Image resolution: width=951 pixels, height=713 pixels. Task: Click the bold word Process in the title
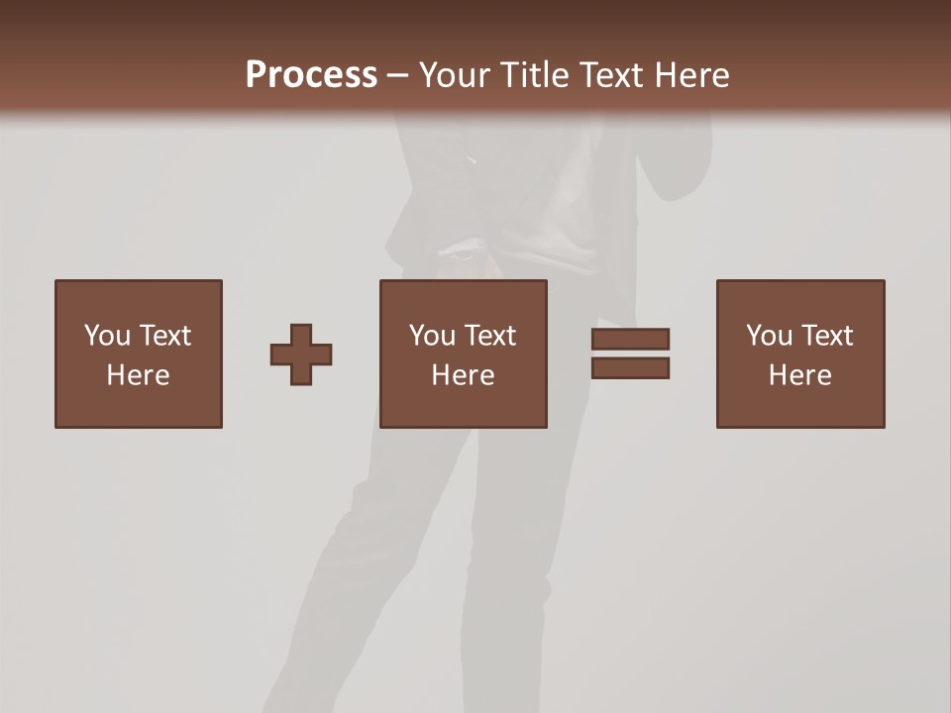(311, 75)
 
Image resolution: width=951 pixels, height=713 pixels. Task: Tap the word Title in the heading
(541, 75)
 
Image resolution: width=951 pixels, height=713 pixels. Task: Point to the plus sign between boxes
(301, 355)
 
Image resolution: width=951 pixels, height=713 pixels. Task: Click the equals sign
(631, 354)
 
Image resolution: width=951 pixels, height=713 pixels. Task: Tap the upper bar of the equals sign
(631, 339)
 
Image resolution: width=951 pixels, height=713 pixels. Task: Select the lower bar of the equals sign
(631, 368)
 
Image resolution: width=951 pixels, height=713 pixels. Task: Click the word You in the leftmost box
(107, 336)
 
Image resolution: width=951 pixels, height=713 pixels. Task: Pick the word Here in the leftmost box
(138, 375)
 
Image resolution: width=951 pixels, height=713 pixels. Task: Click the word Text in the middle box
(489, 336)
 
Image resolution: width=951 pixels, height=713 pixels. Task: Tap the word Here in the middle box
(463, 375)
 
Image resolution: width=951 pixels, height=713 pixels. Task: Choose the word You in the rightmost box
(769, 336)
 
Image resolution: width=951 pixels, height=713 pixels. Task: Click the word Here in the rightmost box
(799, 375)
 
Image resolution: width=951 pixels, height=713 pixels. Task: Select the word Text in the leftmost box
(164, 336)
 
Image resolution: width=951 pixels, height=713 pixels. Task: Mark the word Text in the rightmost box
(826, 336)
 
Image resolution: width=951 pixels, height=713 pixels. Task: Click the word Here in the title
(693, 75)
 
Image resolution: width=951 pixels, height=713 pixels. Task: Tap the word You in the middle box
(432, 336)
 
